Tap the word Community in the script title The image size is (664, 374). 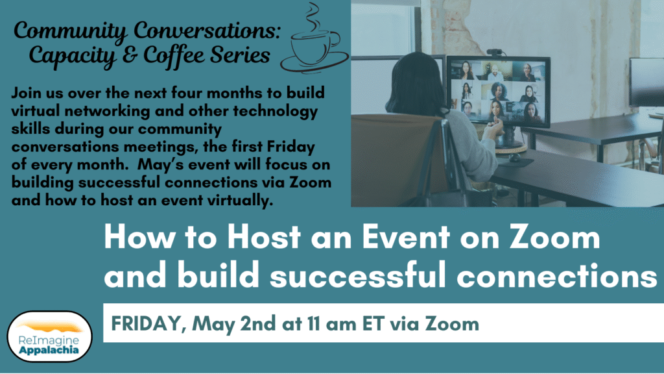[x=70, y=31]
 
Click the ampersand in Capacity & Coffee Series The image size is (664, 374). [x=130, y=56]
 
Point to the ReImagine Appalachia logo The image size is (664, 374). [x=49, y=337]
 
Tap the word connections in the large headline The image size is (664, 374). [x=557, y=275]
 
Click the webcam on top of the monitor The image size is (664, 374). [x=495, y=53]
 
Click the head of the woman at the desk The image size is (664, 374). [x=415, y=82]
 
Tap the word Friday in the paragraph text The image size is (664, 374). [x=291, y=147]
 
